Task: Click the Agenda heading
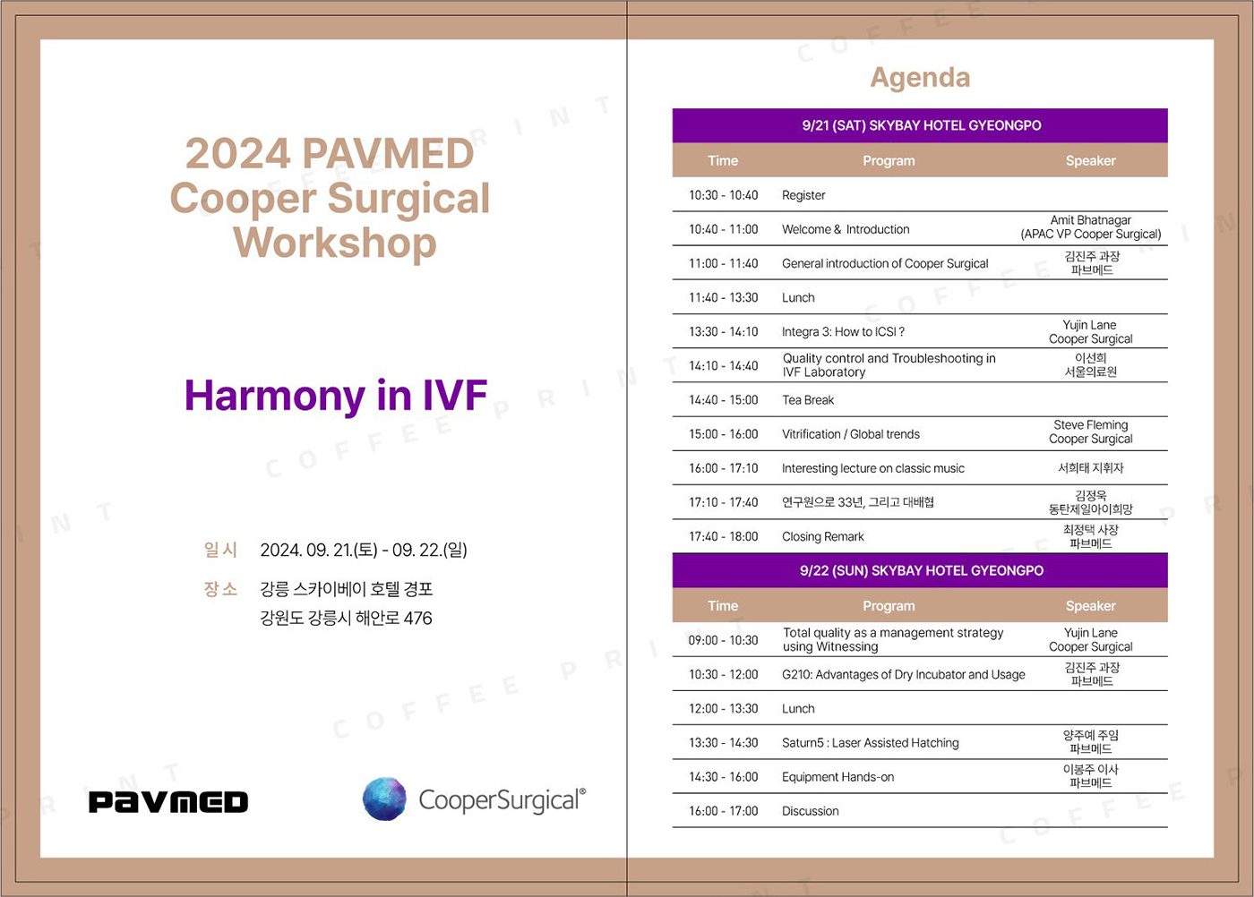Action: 920,78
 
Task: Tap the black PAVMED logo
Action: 168,801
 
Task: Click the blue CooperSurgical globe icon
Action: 384,799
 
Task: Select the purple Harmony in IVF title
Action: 335,396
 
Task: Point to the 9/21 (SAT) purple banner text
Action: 922,125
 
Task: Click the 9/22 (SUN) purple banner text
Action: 922,571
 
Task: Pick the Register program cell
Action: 803,195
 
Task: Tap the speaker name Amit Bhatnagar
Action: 1091,220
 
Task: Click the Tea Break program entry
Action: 808,400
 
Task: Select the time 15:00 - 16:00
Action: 724,434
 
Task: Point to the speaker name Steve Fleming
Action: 1091,424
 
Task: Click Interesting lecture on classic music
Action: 872,468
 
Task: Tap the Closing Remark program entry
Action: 823,536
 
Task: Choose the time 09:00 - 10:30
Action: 724,640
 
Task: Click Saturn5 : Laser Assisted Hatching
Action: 870,742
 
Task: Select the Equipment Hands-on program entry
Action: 837,777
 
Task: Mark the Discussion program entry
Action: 810,811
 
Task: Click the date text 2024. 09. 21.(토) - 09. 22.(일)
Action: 364,550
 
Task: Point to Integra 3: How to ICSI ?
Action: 843,332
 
